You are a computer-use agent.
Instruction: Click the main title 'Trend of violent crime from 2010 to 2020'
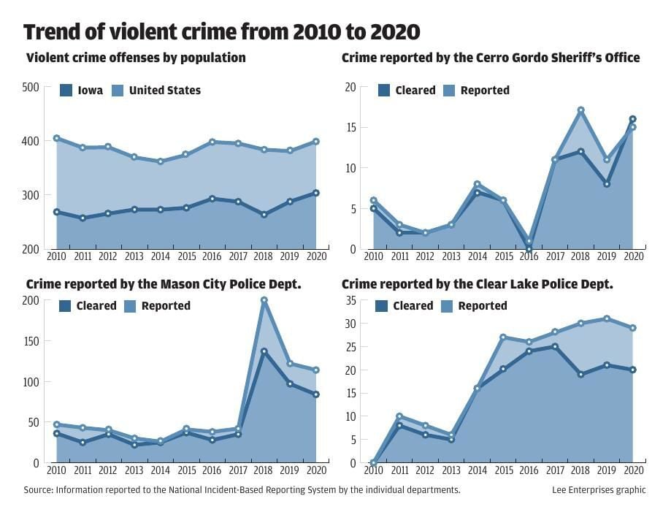[x=221, y=32]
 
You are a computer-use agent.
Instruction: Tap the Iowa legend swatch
[x=66, y=91]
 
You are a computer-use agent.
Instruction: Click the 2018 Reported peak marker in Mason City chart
[x=264, y=300]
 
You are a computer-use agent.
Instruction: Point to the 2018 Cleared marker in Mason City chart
[x=264, y=351]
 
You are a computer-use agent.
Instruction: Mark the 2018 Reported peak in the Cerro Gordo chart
[x=581, y=110]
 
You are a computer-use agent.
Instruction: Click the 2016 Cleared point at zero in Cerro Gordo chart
[x=529, y=249]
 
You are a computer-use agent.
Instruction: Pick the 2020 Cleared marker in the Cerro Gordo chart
[x=633, y=119]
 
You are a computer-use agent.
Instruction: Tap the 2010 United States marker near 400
[x=56, y=138]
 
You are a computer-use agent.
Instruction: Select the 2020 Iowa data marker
[x=316, y=193]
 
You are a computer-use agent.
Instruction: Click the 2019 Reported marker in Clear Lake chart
[x=607, y=318]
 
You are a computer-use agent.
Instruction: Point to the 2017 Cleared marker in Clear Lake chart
[x=555, y=346]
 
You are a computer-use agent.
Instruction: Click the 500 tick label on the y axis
[x=30, y=88]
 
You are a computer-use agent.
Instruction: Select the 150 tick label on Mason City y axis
[x=30, y=341]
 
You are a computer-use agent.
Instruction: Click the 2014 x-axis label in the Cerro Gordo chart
[x=477, y=258]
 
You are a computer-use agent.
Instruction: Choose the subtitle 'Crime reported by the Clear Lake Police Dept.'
[x=477, y=283]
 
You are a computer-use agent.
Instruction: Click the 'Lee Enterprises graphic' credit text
[x=599, y=490]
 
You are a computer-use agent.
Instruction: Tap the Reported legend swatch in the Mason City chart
[x=129, y=306]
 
